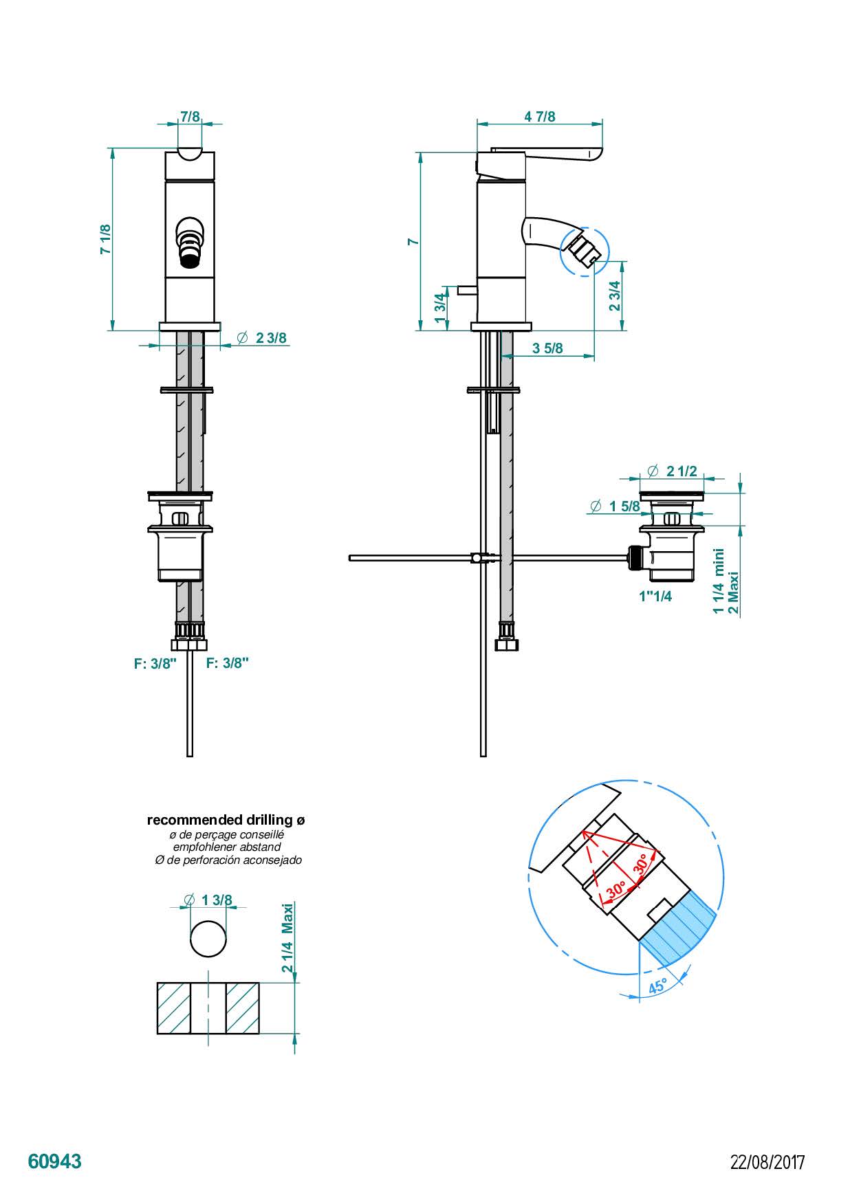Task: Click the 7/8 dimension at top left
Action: point(190,116)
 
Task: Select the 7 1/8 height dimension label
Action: point(105,239)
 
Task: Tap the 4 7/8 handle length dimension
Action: point(539,116)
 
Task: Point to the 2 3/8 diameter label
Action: point(262,338)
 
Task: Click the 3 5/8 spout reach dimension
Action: point(547,348)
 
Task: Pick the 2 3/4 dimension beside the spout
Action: point(615,296)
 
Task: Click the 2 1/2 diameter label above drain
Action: point(673,471)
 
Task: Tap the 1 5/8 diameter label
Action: point(615,506)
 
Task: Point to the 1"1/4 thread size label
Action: point(655,596)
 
